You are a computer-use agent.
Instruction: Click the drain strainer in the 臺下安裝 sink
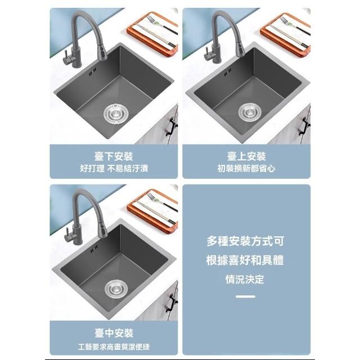pyautogui.click(x=116, y=113)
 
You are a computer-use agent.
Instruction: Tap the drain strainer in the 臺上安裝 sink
pyautogui.click(x=250, y=112)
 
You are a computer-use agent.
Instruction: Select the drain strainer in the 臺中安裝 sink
pyautogui.click(x=116, y=289)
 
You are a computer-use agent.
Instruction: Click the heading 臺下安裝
pyautogui.click(x=114, y=156)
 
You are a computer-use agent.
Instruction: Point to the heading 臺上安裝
pyautogui.click(x=246, y=156)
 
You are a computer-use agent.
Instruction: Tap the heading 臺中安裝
pyautogui.click(x=114, y=333)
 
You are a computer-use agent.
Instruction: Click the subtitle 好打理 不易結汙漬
pyautogui.click(x=114, y=169)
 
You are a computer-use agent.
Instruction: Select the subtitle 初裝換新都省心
pyautogui.click(x=246, y=169)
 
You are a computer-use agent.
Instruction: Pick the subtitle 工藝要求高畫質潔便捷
pyautogui.click(x=114, y=346)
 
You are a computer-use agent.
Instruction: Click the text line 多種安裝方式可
pyautogui.click(x=245, y=241)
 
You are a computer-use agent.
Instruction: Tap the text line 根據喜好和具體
pyautogui.click(x=245, y=260)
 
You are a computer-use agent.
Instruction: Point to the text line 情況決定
pyautogui.click(x=245, y=279)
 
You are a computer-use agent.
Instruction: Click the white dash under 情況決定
pyautogui.click(x=245, y=296)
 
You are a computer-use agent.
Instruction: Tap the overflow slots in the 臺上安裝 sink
pyautogui.click(x=227, y=72)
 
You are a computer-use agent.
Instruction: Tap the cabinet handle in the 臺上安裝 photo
pyautogui.click(x=305, y=126)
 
